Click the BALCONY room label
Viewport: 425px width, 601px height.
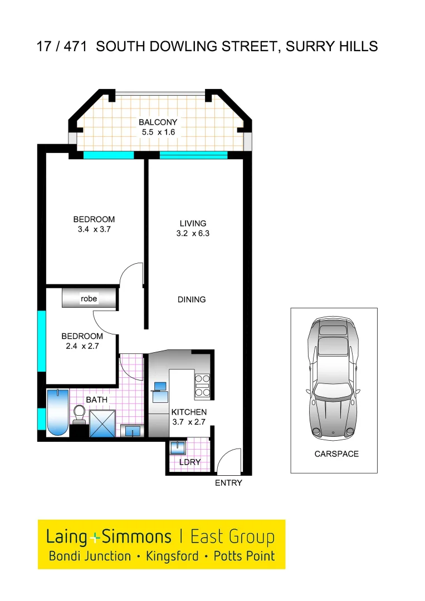click(158, 122)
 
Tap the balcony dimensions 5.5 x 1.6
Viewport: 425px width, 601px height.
click(158, 132)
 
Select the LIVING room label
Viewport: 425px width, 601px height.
click(193, 224)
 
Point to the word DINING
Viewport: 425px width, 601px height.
click(192, 299)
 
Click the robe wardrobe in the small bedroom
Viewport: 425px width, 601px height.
click(89, 299)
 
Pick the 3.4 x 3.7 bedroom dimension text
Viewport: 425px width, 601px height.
click(94, 229)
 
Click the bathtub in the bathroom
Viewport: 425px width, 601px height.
click(57, 412)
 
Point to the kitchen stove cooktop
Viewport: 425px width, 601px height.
click(202, 385)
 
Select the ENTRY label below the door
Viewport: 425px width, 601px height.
click(228, 483)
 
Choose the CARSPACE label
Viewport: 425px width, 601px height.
click(336, 454)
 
